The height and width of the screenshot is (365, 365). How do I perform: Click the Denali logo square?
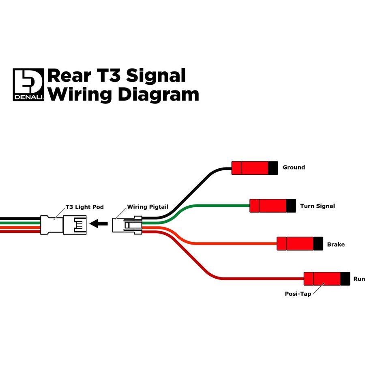pyautogui.click(x=28, y=84)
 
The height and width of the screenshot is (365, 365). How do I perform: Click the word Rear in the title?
pyautogui.click(x=69, y=76)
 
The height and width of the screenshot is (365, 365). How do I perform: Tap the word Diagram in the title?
pyautogui.click(x=159, y=94)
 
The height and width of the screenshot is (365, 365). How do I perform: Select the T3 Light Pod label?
pyautogui.click(x=84, y=207)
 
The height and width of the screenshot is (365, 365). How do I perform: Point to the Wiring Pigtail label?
pyautogui.click(x=148, y=207)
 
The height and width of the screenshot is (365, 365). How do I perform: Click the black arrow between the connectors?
pyautogui.click(x=99, y=224)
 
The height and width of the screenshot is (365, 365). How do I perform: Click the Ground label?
pyautogui.click(x=294, y=167)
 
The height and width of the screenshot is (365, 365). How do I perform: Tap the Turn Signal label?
pyautogui.click(x=318, y=206)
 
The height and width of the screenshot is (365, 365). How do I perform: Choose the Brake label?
pyautogui.click(x=336, y=245)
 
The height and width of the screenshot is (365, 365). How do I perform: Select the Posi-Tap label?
pyautogui.click(x=298, y=294)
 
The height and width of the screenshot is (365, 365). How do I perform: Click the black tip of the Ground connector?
pyautogui.click(x=273, y=168)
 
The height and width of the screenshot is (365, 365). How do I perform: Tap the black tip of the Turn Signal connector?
pyautogui.click(x=291, y=206)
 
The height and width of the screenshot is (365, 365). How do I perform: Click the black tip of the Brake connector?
pyautogui.click(x=318, y=243)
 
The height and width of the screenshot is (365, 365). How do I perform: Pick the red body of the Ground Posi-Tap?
pyautogui.click(x=250, y=168)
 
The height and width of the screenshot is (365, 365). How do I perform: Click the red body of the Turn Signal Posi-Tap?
pyautogui.click(x=268, y=206)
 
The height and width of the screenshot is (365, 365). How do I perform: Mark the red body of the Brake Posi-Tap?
pyautogui.click(x=295, y=243)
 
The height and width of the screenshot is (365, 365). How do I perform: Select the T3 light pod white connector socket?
pyautogui.click(x=63, y=225)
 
